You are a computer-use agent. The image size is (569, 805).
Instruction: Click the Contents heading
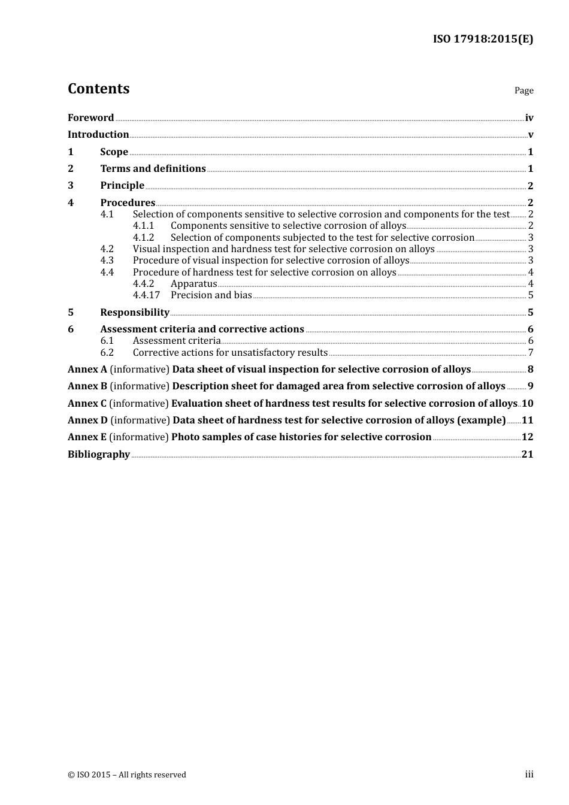(x=98, y=89)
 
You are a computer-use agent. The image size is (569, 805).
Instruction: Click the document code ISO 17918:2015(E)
(x=483, y=39)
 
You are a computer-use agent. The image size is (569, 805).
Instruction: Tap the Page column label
(x=523, y=90)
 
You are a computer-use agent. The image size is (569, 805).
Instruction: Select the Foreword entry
(x=90, y=117)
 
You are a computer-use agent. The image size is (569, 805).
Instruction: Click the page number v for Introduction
(x=530, y=135)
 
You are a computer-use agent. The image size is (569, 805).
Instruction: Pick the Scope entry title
(x=114, y=152)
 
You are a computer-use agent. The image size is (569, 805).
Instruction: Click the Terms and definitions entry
(x=153, y=168)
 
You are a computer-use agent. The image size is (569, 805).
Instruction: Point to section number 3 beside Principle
(x=71, y=186)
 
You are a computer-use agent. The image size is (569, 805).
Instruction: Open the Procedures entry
(x=128, y=202)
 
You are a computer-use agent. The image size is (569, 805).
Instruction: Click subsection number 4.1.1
(x=143, y=226)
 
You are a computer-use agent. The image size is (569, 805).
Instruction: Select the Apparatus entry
(x=193, y=284)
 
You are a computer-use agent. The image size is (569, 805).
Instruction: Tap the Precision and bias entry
(x=211, y=295)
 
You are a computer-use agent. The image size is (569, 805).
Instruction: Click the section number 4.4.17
(x=146, y=295)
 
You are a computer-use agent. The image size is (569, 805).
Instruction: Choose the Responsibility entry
(x=135, y=312)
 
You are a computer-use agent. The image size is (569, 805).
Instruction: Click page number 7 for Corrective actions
(x=530, y=353)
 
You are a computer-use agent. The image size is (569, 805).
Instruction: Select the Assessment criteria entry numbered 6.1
(x=177, y=341)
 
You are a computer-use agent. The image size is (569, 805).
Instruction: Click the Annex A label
(x=87, y=370)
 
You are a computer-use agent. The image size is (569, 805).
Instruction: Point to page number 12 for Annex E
(x=527, y=437)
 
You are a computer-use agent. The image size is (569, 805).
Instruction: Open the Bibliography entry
(x=99, y=454)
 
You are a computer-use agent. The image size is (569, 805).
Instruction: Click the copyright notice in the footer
(x=127, y=774)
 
